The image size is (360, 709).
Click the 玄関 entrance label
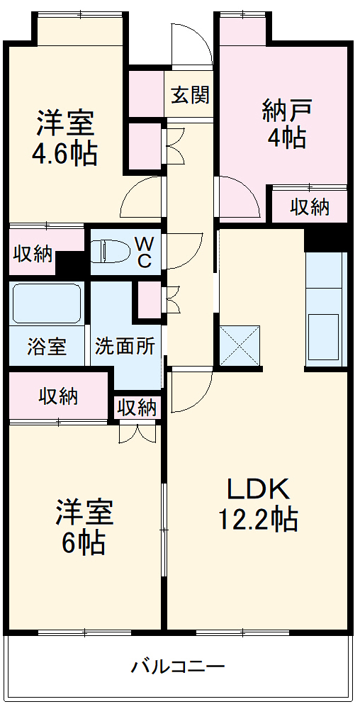pyautogui.click(x=190, y=95)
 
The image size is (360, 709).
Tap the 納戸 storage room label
pyautogui.click(x=286, y=111)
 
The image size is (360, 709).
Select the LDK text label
pyautogui.click(x=258, y=490)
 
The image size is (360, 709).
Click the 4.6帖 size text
pyautogui.click(x=64, y=154)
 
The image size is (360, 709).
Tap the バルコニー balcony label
pyautogui.click(x=178, y=666)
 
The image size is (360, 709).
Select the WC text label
pyautogui.click(x=144, y=251)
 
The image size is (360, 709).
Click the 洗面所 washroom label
pyautogui.click(x=125, y=347)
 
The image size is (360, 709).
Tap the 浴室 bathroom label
pyautogui.click(x=47, y=347)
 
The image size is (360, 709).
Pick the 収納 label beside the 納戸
pyautogui.click(x=310, y=206)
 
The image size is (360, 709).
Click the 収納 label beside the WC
pyautogui.click(x=33, y=254)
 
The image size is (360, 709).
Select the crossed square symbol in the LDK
pyautogui.click(x=240, y=345)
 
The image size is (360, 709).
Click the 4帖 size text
pyautogui.click(x=286, y=138)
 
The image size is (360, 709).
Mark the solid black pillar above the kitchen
pyautogui.click(x=325, y=240)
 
